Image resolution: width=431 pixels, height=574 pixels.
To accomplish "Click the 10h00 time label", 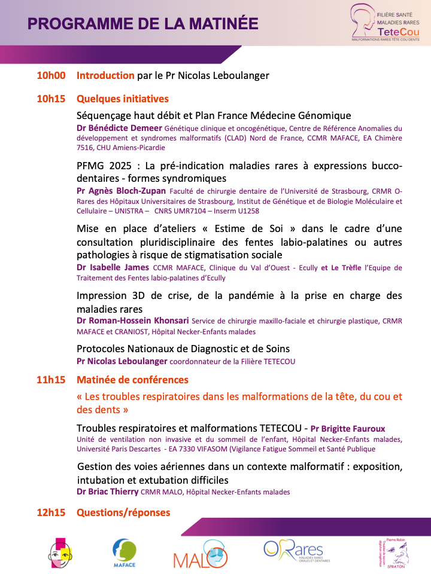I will (51, 75).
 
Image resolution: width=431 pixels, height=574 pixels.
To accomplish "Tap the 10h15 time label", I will (51, 99).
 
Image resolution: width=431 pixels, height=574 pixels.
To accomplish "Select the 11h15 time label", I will (51, 380).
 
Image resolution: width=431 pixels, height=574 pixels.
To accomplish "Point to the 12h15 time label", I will (51, 512).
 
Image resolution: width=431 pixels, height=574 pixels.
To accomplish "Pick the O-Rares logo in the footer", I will (293, 551).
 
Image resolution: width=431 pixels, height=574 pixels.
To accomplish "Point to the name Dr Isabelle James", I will (113, 267).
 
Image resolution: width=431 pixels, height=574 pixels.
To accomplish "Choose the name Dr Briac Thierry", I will (107, 492).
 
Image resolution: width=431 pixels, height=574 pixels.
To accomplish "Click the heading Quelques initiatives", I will (123, 99).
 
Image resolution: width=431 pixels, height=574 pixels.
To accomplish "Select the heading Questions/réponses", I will (123, 512).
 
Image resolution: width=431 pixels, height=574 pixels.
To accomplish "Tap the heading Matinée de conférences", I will (132, 380).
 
